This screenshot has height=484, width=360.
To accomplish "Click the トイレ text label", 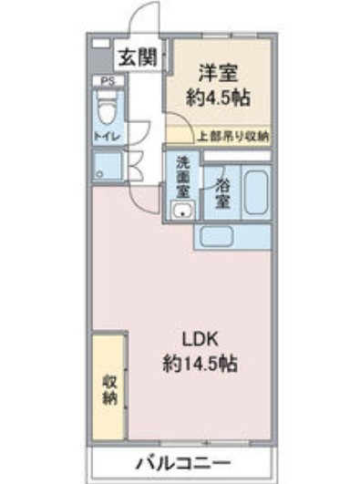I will click(107, 136).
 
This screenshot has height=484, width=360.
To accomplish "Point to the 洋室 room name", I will click(217, 69).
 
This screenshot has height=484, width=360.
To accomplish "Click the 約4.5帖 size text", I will click(217, 98).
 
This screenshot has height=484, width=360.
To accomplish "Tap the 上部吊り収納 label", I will click(233, 136).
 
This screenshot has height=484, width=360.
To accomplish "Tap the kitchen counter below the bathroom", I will click(231, 236).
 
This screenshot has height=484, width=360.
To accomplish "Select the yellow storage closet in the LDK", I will click(110, 387).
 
